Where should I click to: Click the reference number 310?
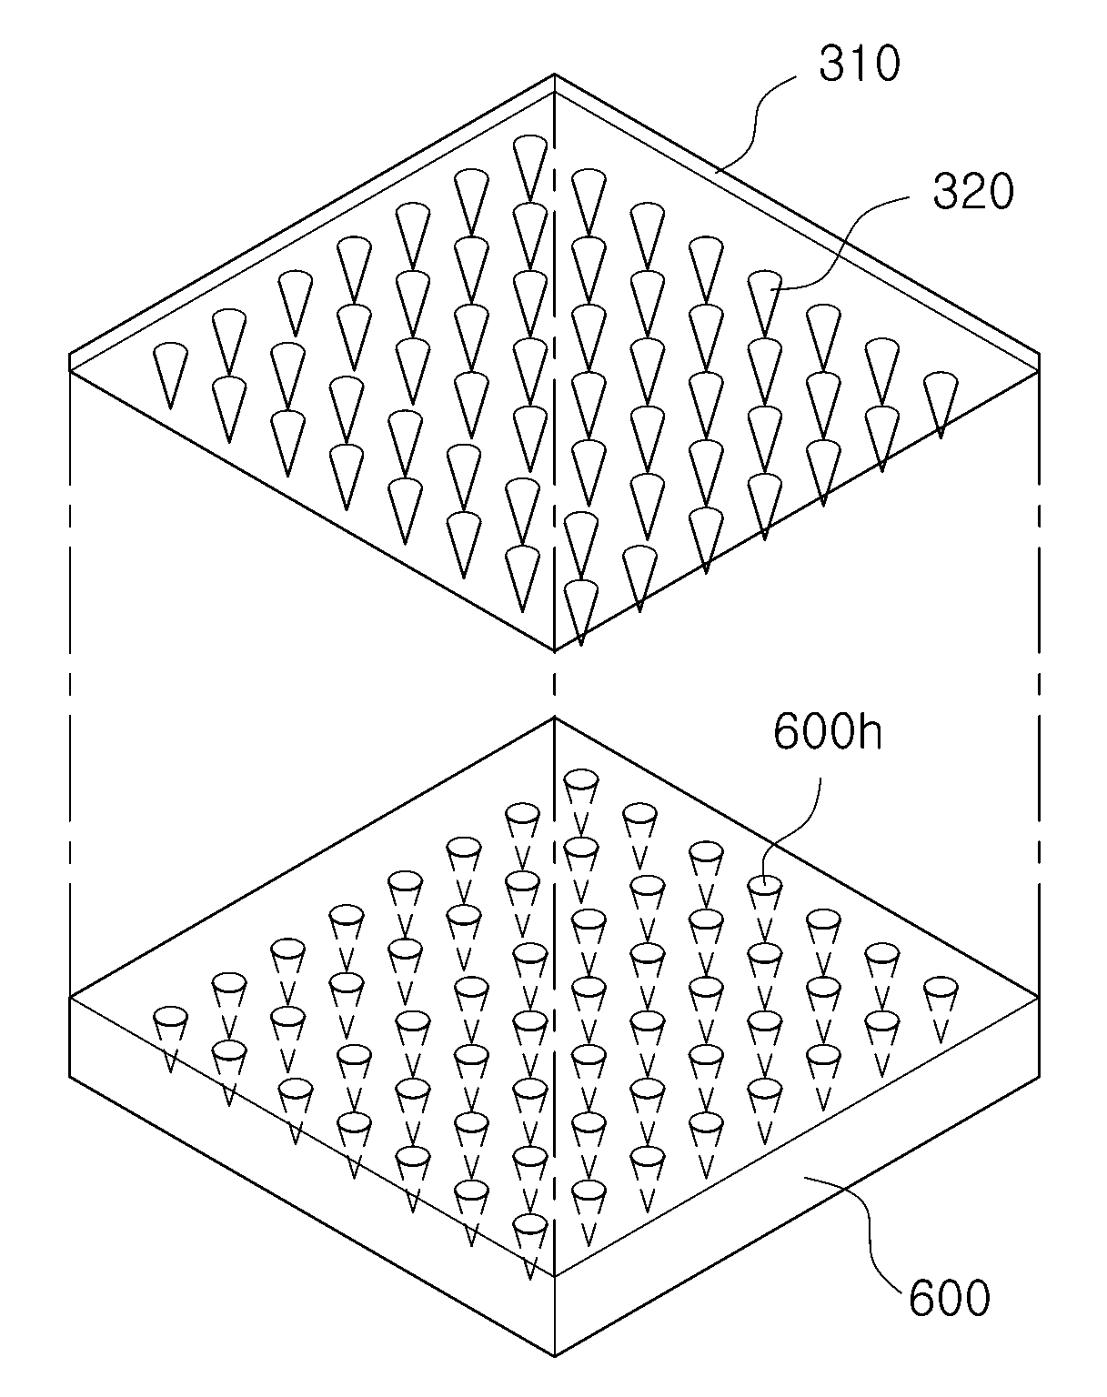pos(859,65)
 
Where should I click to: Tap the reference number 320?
pos(973,192)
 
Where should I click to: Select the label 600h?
pos(827,733)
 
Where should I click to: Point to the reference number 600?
pos(950,1298)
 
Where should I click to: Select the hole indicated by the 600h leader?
pos(766,885)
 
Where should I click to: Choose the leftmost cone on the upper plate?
pos(171,376)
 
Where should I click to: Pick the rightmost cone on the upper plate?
pos(941,405)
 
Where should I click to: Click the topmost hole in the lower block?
pos(581,779)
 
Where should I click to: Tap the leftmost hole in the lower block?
pos(171,1016)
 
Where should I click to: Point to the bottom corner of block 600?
pos(555,1356)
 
